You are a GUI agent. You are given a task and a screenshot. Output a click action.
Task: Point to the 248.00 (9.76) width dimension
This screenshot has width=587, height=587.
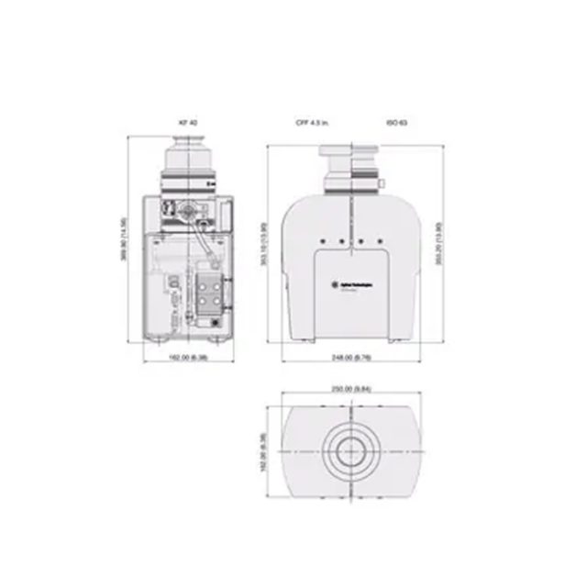pyautogui.click(x=353, y=358)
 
